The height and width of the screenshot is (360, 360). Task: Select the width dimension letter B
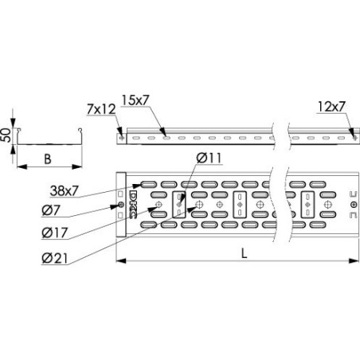pos(48,158)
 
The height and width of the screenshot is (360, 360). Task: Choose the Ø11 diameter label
pos(209,158)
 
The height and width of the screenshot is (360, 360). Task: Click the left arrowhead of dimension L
pos(119,260)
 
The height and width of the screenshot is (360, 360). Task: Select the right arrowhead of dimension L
pos(354,260)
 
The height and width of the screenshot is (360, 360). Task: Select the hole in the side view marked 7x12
pos(120,136)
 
